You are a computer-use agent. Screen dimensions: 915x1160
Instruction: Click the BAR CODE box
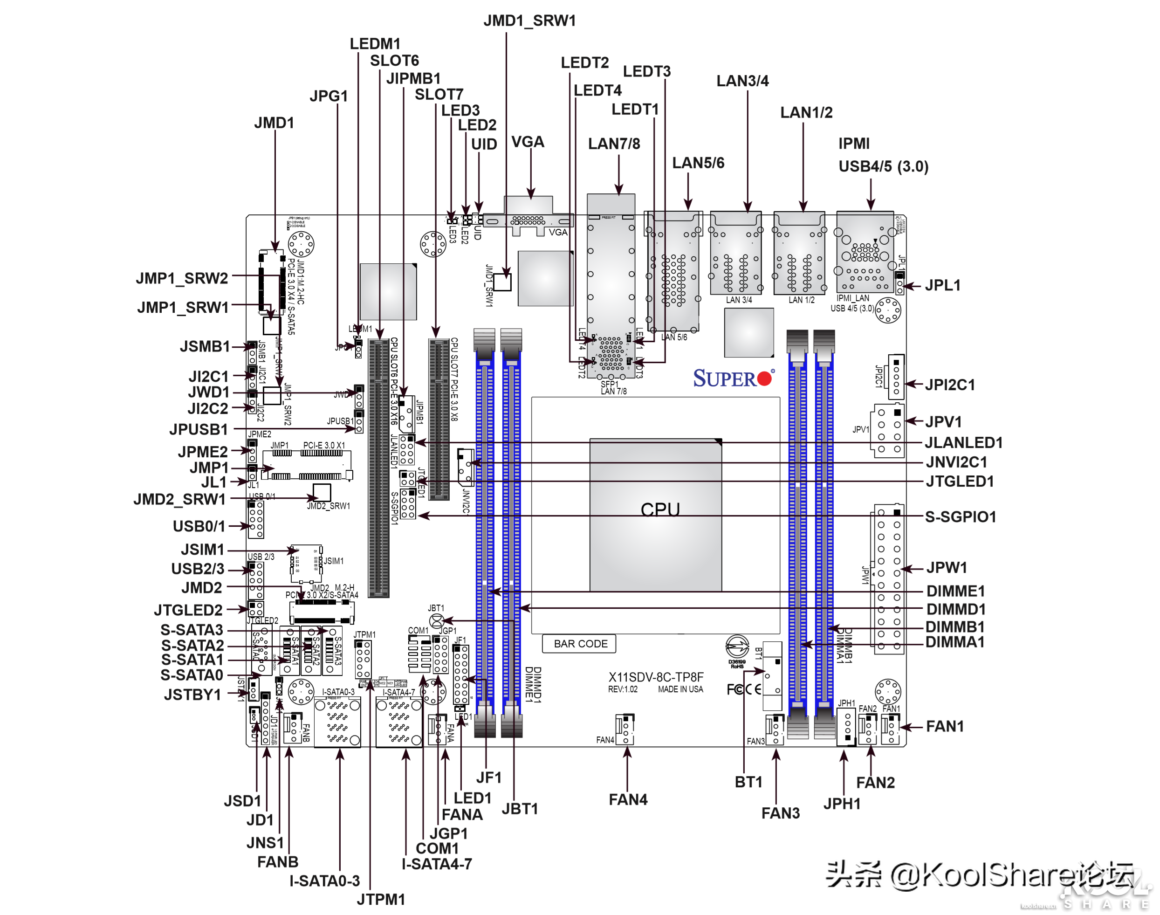click(x=580, y=644)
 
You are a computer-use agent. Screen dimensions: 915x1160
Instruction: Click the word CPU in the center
click(x=660, y=509)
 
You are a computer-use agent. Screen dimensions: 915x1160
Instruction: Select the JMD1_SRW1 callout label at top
click(x=529, y=21)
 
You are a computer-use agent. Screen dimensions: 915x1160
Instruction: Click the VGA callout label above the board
click(x=528, y=142)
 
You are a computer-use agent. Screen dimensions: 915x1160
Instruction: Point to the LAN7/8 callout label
click(x=614, y=144)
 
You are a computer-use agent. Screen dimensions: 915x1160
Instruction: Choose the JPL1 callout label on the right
click(x=942, y=286)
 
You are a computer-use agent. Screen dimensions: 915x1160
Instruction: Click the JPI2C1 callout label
click(x=949, y=385)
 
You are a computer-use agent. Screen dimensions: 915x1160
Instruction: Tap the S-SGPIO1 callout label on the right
click(x=960, y=517)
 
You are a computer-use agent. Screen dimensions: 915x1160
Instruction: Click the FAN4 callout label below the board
click(x=628, y=800)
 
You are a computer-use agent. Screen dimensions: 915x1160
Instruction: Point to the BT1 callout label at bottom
click(x=748, y=782)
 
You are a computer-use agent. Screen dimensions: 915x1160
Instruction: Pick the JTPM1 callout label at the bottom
click(x=381, y=900)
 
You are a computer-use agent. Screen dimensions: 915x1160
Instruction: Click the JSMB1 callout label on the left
click(x=205, y=347)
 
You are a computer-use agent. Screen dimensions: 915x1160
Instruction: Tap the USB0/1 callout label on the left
click(x=199, y=527)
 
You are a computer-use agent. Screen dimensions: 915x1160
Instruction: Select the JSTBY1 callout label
click(x=192, y=695)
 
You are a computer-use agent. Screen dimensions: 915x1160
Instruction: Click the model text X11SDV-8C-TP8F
click(x=656, y=677)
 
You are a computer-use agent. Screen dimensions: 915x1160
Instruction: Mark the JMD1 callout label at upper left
click(x=274, y=123)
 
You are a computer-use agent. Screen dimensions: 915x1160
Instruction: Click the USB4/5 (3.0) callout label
click(x=883, y=166)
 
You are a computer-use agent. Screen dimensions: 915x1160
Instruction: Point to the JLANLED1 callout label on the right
click(x=963, y=443)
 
